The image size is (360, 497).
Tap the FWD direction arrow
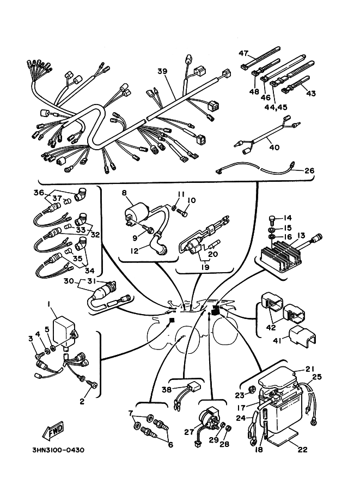53,432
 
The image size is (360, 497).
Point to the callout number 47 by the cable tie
243,53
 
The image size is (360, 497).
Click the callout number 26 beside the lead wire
309,171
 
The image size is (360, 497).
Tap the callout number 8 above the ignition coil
124,193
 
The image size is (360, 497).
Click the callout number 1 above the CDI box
49,303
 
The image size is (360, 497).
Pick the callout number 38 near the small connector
167,390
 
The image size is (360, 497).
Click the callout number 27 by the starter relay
188,433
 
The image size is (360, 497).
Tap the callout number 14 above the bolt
288,218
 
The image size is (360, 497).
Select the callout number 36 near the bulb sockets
38,193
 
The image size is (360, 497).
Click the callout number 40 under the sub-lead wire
274,148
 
